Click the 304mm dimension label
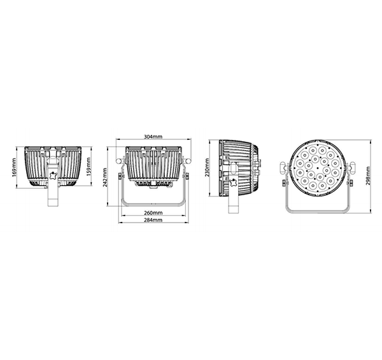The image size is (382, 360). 153,137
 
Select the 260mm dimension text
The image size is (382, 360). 153,212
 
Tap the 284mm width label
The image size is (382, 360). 153,220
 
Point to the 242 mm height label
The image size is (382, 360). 105,177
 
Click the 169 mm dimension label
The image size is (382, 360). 14,168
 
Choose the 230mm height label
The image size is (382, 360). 207,167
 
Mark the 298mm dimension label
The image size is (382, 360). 368,176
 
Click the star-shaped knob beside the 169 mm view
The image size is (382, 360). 53,176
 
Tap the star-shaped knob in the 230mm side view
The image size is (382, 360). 234,183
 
